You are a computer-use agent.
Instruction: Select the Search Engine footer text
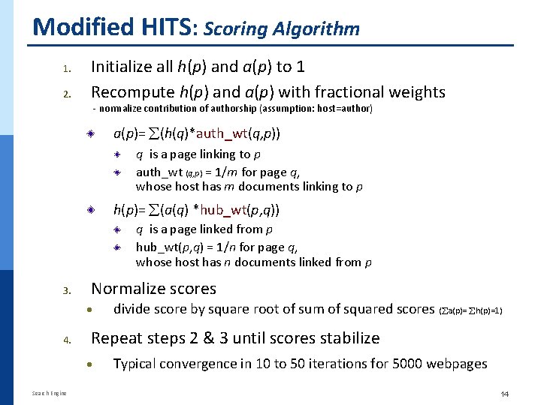(x=49, y=393)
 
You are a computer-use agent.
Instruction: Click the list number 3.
(x=66, y=290)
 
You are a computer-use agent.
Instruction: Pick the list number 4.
(x=66, y=340)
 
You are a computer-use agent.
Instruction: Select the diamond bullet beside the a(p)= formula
(x=89, y=134)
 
